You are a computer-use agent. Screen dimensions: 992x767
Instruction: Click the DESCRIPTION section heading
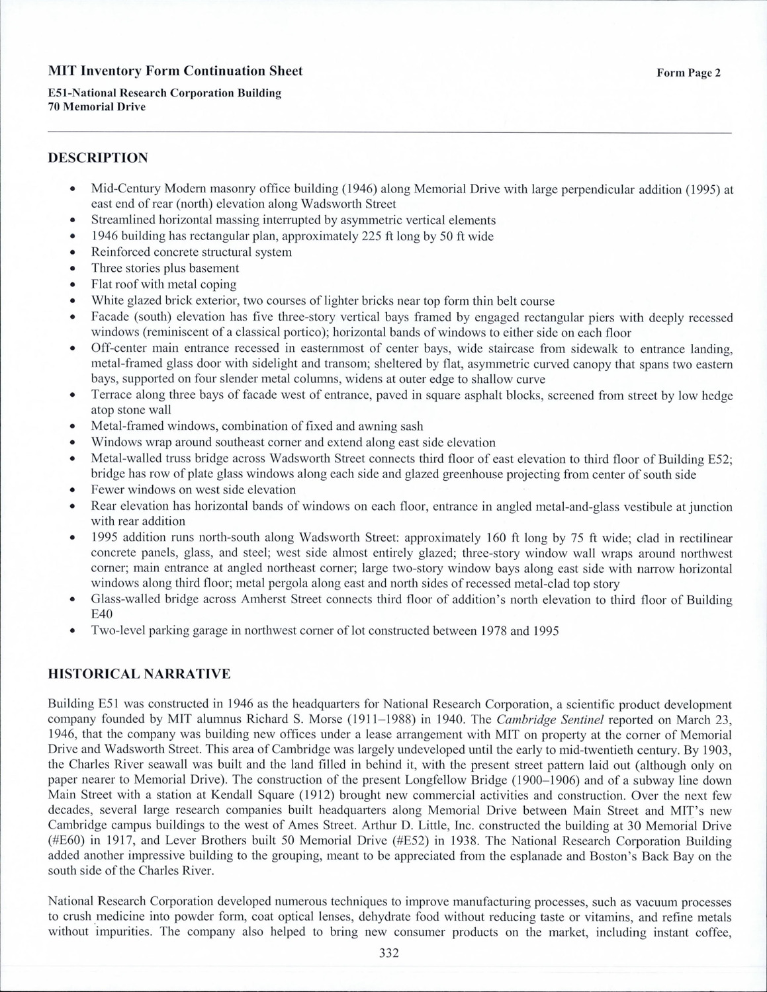pyautogui.click(x=98, y=158)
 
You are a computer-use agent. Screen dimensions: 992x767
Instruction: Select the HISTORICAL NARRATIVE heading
pyautogui.click(x=139, y=674)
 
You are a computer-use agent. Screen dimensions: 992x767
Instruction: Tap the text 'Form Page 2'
pyautogui.click(x=688, y=73)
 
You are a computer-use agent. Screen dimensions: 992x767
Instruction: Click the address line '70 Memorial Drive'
pyautogui.click(x=97, y=106)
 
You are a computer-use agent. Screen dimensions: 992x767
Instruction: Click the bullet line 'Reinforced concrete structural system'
pyautogui.click(x=191, y=252)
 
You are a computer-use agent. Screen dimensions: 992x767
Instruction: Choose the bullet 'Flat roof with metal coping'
pyautogui.click(x=163, y=284)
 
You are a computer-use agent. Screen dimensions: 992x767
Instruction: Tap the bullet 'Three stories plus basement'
pyautogui.click(x=165, y=268)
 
